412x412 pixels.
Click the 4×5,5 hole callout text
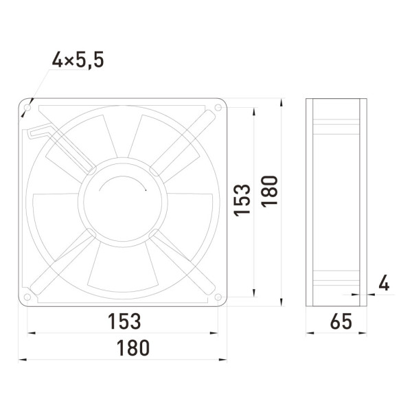pos(78,60)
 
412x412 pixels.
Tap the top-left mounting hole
pos(27,108)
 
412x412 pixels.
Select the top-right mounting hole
pos(218,107)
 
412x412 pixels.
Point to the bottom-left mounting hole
pos(27,297)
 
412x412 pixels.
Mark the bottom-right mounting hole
pos(218,297)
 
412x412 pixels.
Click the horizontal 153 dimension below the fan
pos(124,321)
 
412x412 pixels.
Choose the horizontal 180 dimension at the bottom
pos(133,348)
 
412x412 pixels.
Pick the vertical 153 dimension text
pos(242,201)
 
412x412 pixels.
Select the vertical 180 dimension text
pos(269,192)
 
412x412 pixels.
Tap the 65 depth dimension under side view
pos(341,321)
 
